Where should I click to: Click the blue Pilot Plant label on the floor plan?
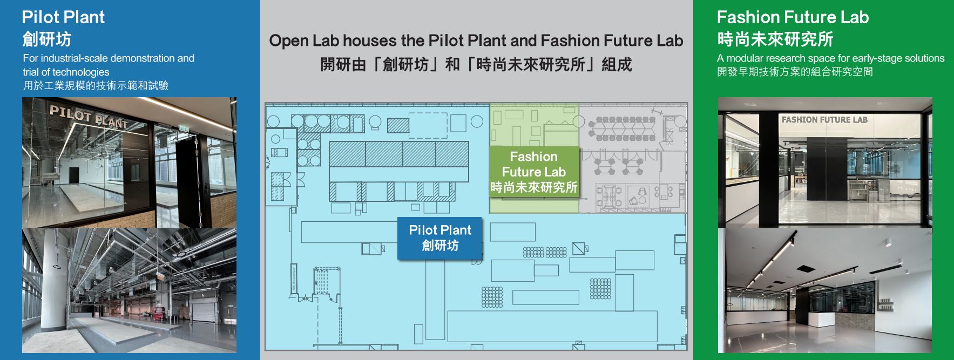(x=440, y=237)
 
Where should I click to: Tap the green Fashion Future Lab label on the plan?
(x=533, y=172)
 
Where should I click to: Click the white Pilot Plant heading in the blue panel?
(x=63, y=17)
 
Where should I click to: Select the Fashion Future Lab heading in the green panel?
(x=793, y=17)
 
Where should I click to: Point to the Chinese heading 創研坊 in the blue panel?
(x=46, y=39)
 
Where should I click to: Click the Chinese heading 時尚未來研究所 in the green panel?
(x=775, y=39)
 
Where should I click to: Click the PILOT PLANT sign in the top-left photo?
(x=89, y=117)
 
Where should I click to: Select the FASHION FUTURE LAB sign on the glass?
(x=824, y=120)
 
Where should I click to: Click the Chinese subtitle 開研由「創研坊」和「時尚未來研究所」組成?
(x=476, y=65)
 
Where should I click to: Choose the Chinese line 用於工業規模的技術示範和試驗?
(x=96, y=85)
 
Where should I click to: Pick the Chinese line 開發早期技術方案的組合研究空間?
(x=795, y=72)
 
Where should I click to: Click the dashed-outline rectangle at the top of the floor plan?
(x=428, y=125)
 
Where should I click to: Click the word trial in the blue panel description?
(x=31, y=72)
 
